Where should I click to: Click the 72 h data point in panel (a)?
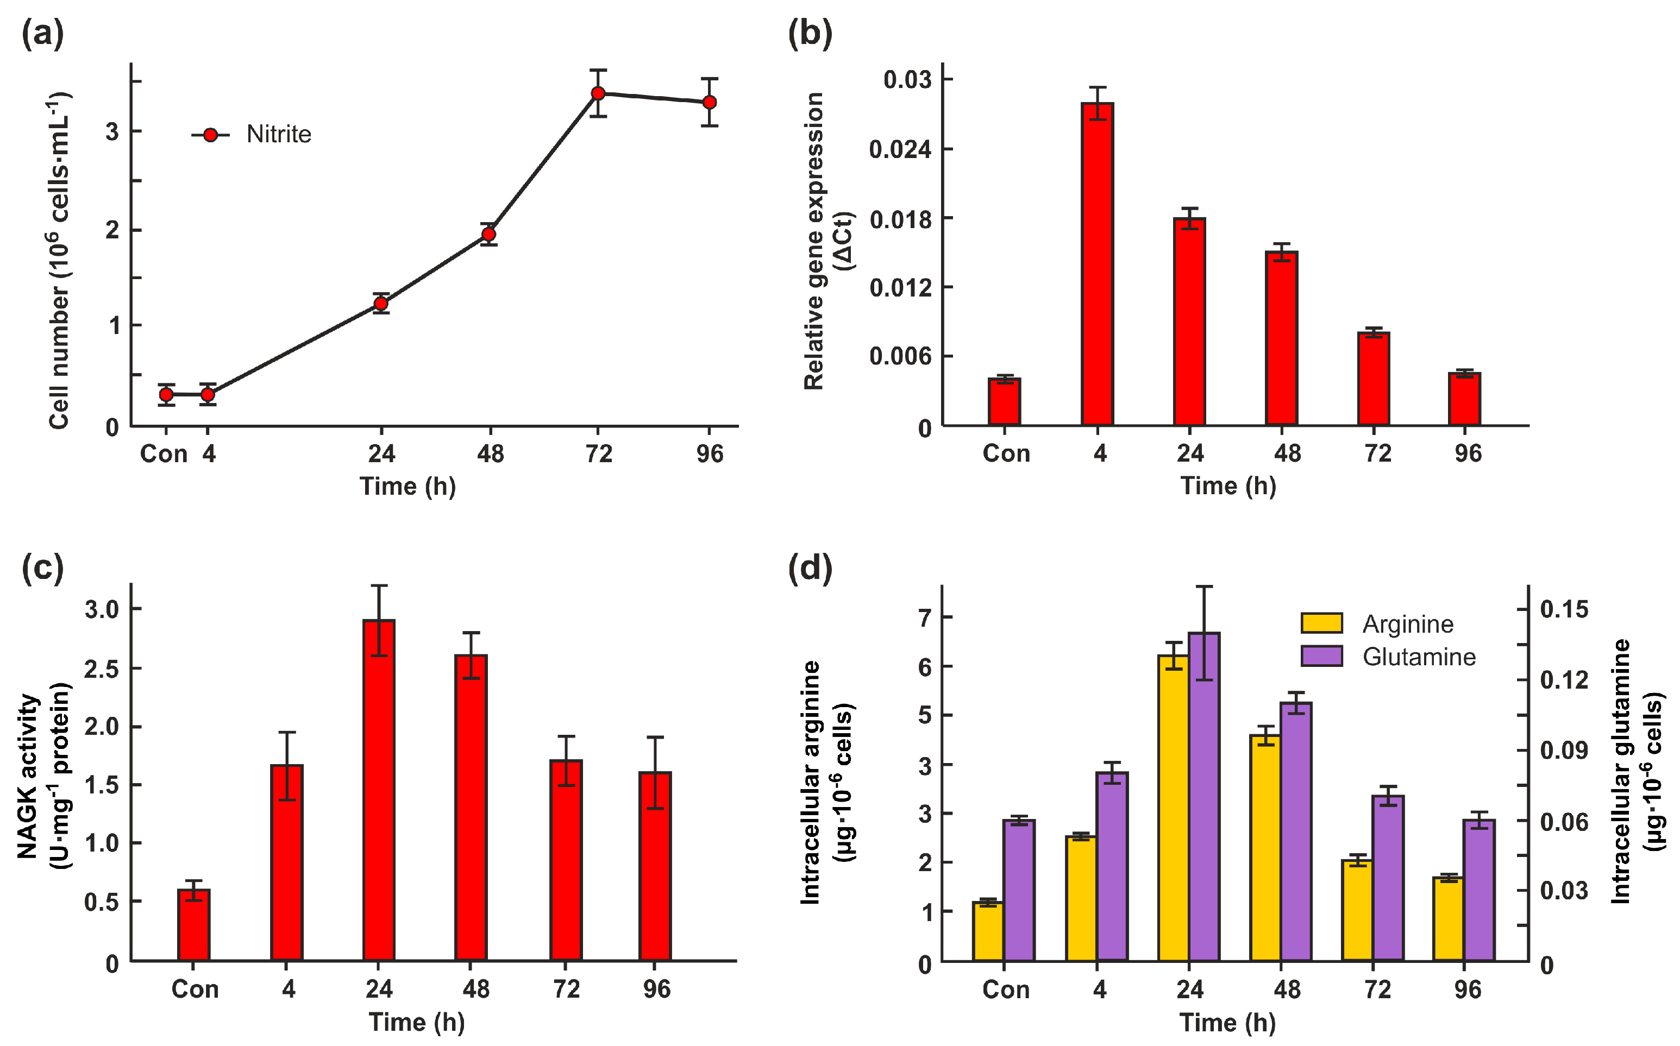pyautogui.click(x=599, y=93)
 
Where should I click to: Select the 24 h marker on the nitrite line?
pyautogui.click(x=380, y=303)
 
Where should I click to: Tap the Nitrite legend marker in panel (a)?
pyautogui.click(x=211, y=135)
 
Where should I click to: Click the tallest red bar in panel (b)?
pyautogui.click(x=1098, y=263)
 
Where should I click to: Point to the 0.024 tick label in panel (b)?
pyautogui.click(x=900, y=149)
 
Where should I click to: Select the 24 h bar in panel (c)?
pyautogui.click(x=379, y=789)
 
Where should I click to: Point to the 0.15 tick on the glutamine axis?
pyautogui.click(x=1564, y=609)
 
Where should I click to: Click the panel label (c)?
pyautogui.click(x=43, y=568)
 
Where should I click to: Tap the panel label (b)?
pyautogui.click(x=810, y=33)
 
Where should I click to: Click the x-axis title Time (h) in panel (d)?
pyautogui.click(x=1227, y=1023)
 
